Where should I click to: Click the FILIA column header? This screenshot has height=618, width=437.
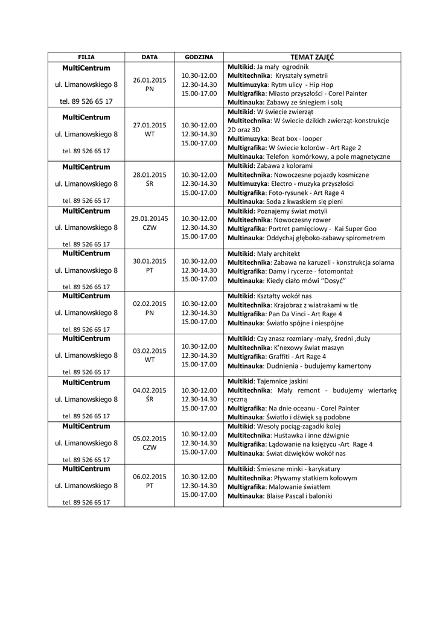click(86, 57)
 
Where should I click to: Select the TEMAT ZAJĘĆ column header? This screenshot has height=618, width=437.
click(312, 57)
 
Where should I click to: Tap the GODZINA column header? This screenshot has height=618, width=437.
click(199, 57)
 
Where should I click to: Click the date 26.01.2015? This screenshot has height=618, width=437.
click(149, 80)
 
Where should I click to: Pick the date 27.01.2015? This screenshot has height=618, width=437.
click(149, 125)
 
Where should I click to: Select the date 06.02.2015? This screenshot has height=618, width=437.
click(149, 476)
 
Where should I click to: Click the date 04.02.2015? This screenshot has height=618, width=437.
click(149, 390)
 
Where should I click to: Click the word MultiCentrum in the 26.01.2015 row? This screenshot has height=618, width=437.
click(86, 68)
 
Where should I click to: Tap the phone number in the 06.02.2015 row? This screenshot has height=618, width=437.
click(86, 502)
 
